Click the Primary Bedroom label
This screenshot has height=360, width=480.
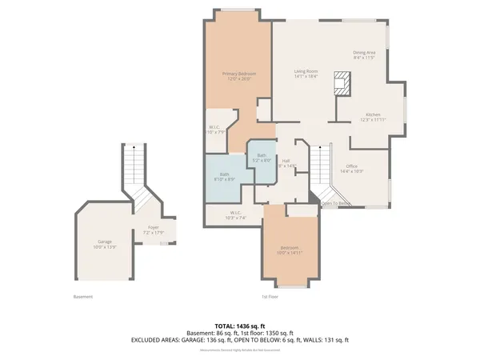(x=238, y=76)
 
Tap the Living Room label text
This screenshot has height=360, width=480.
(x=306, y=74)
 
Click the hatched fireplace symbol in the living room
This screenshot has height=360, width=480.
(x=342, y=83)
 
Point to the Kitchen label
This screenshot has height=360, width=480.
(x=373, y=117)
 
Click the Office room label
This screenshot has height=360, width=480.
(x=352, y=168)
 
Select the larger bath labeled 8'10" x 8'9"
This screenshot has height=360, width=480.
(x=225, y=176)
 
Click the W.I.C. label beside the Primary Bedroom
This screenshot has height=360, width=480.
(x=214, y=129)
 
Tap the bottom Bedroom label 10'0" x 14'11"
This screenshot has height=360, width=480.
(x=289, y=249)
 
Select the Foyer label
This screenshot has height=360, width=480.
(x=153, y=230)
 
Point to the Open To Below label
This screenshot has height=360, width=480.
(x=336, y=204)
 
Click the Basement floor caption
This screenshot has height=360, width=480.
(x=82, y=297)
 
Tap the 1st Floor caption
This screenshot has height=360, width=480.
(x=269, y=297)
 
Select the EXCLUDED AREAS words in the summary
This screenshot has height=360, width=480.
(x=158, y=340)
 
